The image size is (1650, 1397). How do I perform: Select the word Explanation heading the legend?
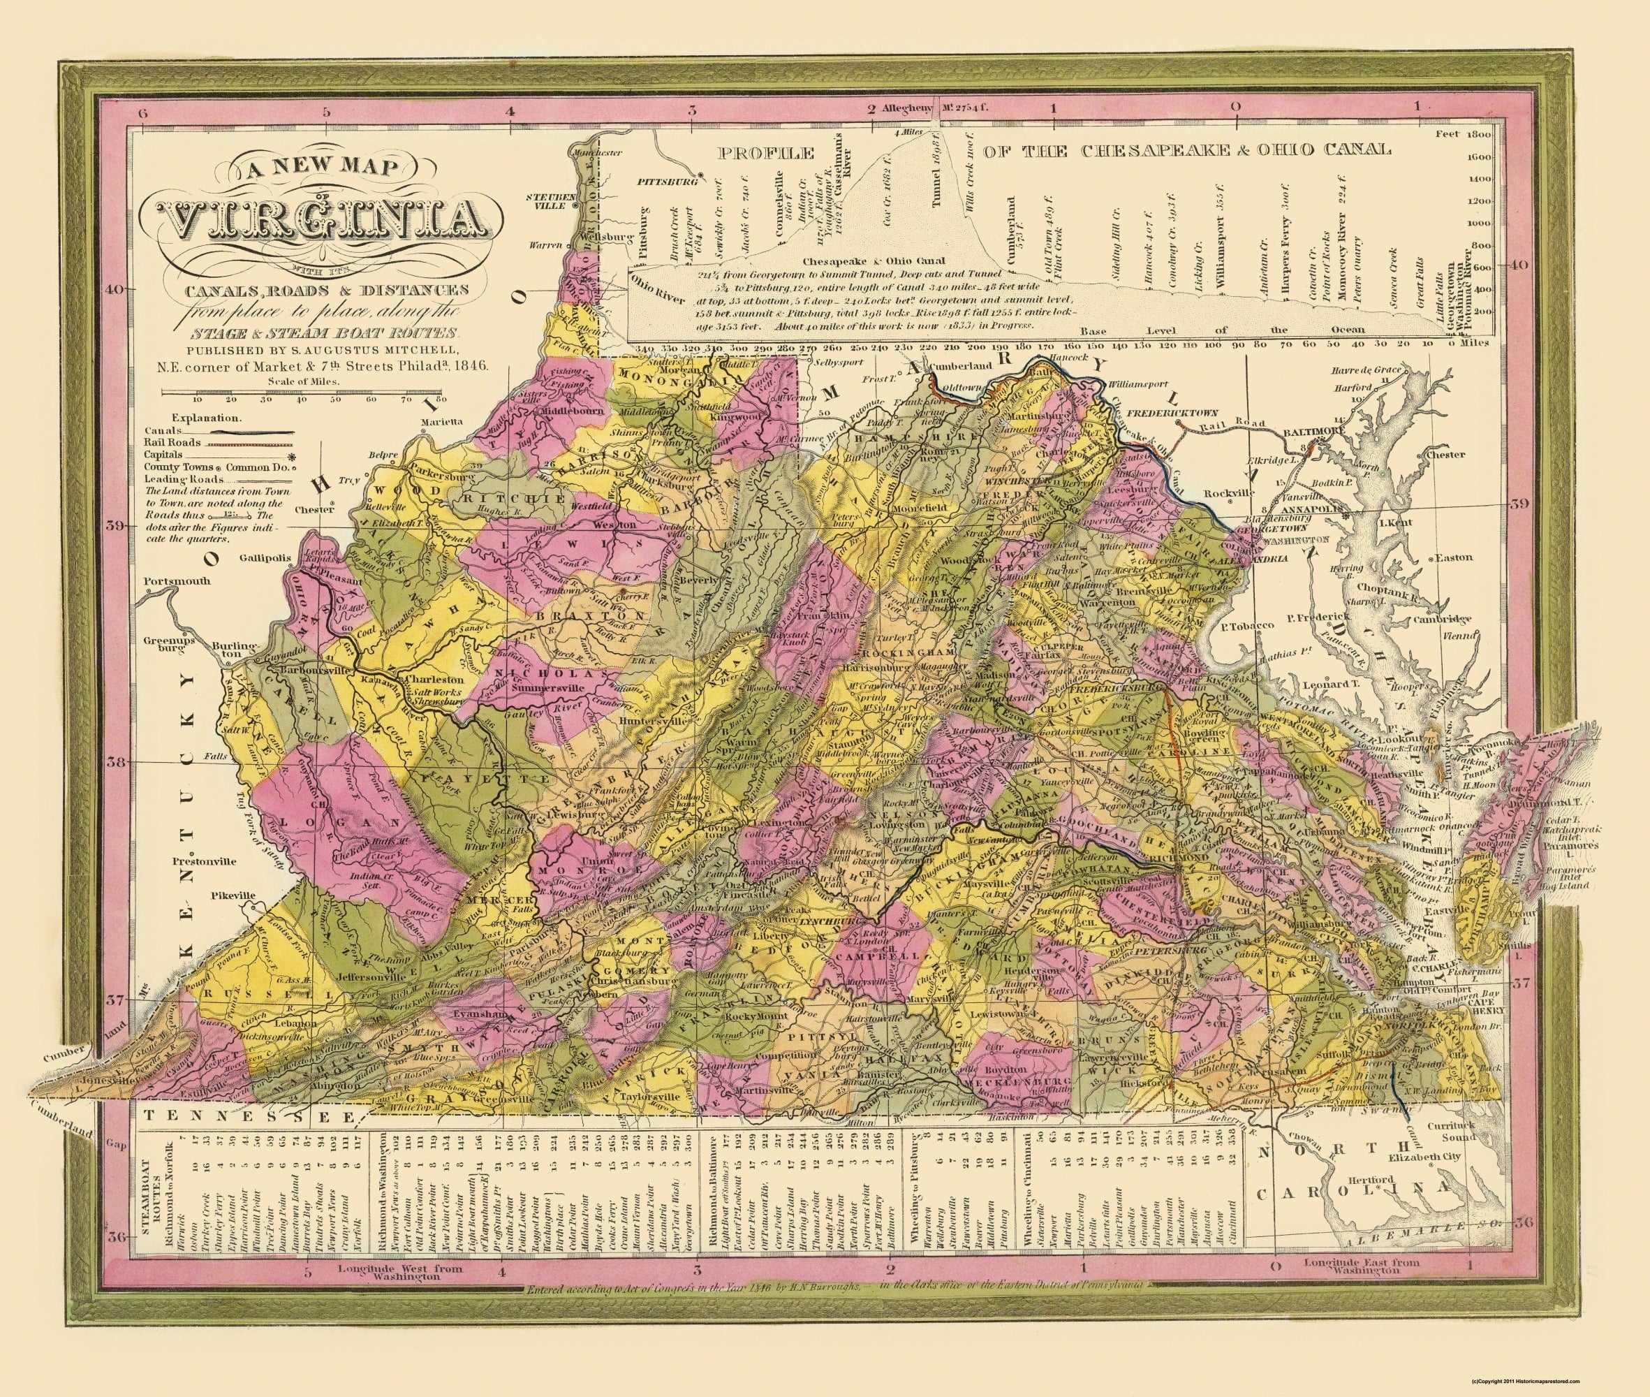[x=207, y=416]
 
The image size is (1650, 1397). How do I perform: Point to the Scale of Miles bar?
[x=302, y=391]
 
